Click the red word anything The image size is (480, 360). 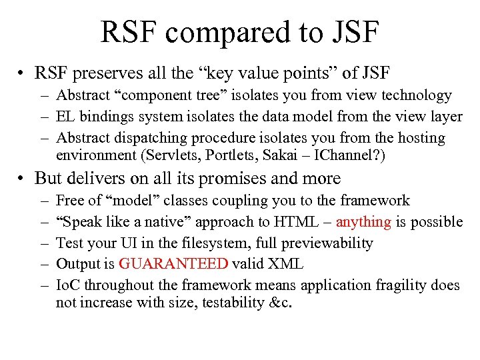[x=363, y=222]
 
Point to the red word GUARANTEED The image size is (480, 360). [x=173, y=264]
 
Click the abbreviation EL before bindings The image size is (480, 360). [x=65, y=117]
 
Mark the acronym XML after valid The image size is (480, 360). [x=287, y=264]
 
